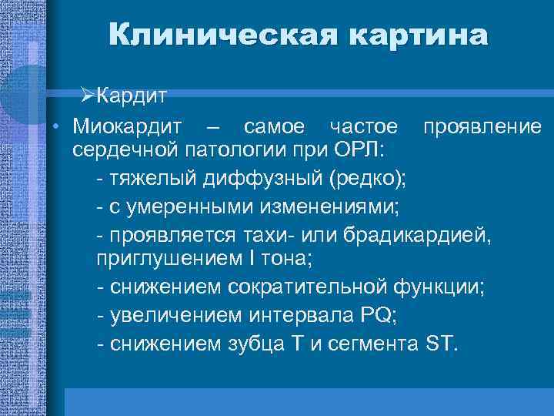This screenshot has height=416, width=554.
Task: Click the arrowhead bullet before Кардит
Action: [x=86, y=97]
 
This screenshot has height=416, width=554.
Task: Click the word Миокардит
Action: [x=126, y=125]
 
